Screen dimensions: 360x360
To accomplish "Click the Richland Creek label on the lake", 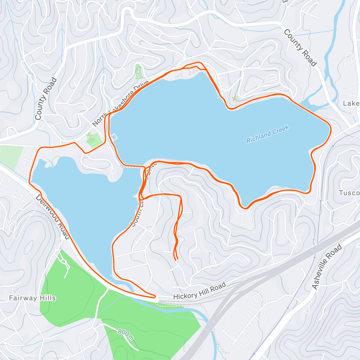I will [x=267, y=134].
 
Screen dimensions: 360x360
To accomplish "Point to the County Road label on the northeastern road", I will [x=300, y=48].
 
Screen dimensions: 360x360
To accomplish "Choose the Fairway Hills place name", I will [x=32, y=298].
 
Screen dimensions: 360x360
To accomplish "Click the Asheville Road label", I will [x=327, y=267].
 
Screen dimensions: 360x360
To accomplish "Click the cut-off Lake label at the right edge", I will [x=351, y=103].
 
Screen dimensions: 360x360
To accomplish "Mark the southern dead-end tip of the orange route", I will [x=177, y=259].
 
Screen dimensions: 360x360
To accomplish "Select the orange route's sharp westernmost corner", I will [x=30, y=181].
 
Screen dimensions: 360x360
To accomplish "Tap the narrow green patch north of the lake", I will [x=138, y=71].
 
